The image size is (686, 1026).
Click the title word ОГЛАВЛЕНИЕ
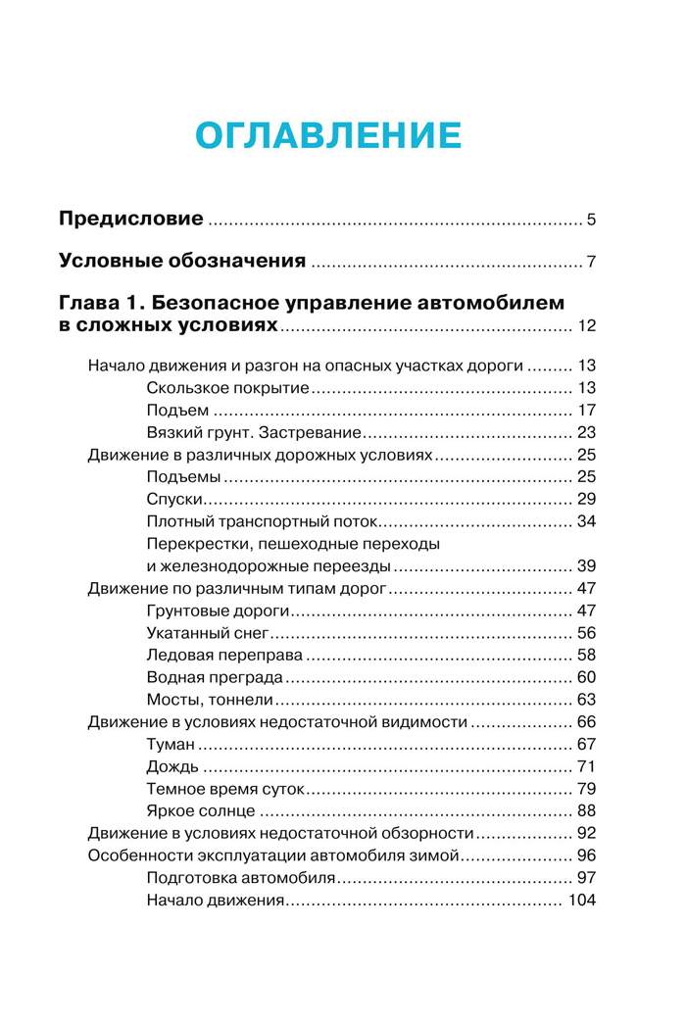click(x=328, y=135)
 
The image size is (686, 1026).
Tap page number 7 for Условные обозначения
click(x=592, y=262)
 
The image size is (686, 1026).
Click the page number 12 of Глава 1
click(x=587, y=326)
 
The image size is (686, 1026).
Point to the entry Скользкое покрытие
click(x=228, y=389)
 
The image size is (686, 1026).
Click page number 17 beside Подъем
click(x=587, y=411)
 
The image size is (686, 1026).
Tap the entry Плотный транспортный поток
click(x=263, y=520)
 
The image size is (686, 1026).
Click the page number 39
click(x=587, y=566)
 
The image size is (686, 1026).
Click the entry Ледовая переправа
click(x=228, y=655)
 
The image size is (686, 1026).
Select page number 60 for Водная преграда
click(x=587, y=677)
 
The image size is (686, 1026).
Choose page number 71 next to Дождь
click(x=587, y=766)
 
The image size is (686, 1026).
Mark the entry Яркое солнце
click(x=201, y=810)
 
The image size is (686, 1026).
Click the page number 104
click(x=582, y=900)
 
